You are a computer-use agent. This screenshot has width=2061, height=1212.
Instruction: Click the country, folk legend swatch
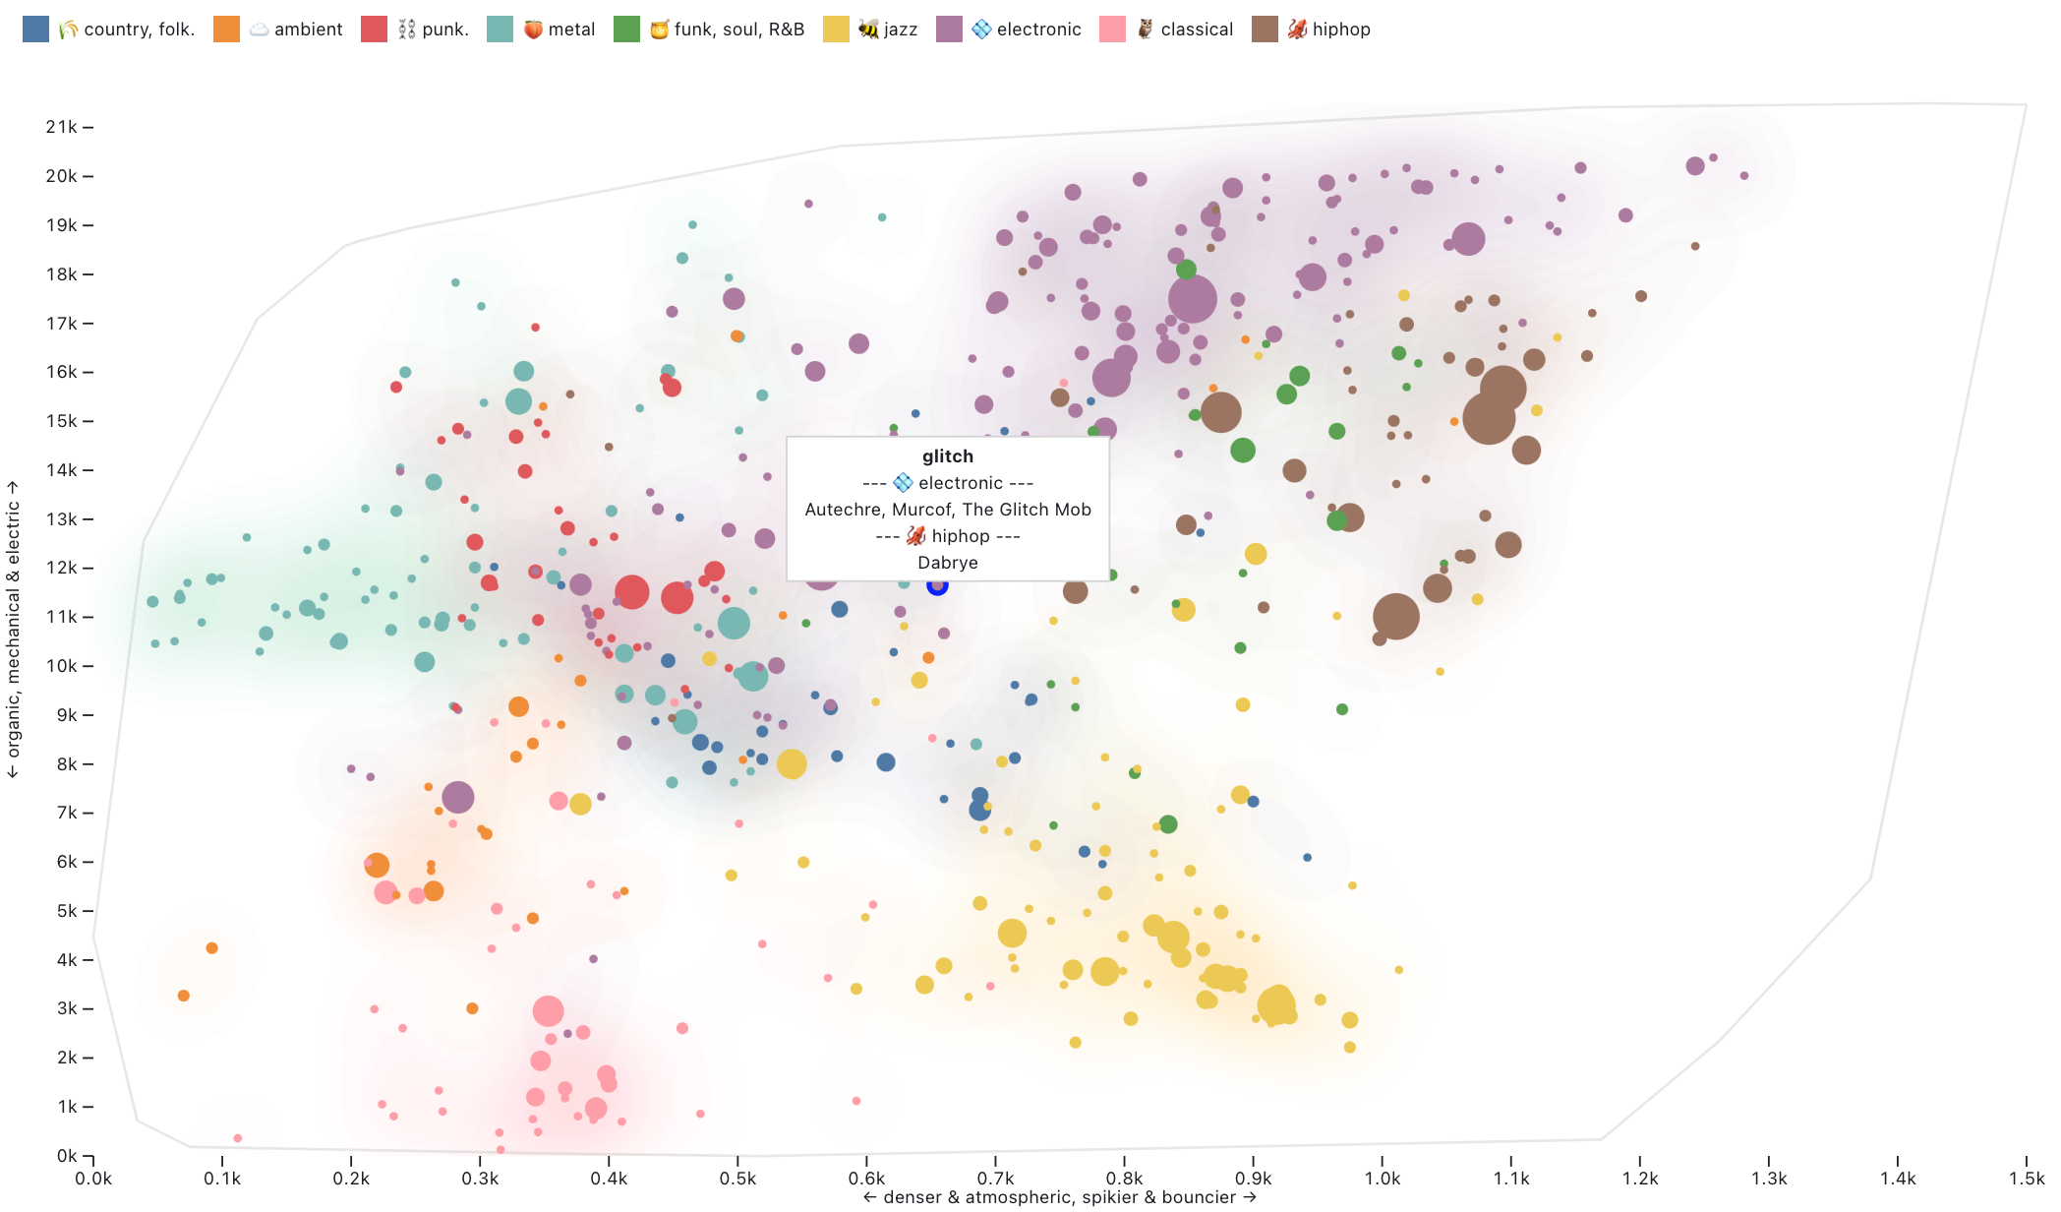(35, 29)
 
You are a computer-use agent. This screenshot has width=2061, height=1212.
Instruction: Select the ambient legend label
(308, 30)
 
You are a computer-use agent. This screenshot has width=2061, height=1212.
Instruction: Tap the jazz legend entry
(900, 30)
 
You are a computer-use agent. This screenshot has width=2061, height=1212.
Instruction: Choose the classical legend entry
(1196, 30)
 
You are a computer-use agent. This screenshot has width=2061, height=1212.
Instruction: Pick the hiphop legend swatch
(1265, 29)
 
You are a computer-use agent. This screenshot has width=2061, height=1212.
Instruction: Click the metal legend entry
(570, 30)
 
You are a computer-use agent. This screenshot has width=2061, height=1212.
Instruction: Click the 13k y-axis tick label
(62, 519)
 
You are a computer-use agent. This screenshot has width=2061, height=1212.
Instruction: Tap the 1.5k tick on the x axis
(2026, 1179)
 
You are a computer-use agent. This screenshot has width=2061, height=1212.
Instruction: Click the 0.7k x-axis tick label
(995, 1179)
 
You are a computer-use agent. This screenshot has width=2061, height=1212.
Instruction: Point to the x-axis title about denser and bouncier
(1059, 1197)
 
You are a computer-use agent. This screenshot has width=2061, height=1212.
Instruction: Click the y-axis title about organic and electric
(13, 630)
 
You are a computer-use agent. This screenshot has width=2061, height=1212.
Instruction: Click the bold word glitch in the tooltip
(948, 456)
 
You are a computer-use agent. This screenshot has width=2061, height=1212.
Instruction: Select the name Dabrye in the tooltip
(948, 563)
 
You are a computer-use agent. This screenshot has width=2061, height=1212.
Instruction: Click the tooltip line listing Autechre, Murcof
(948, 510)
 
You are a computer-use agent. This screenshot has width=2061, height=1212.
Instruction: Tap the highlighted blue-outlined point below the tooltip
(937, 585)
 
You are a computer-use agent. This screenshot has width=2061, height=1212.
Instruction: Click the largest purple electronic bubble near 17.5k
(1192, 299)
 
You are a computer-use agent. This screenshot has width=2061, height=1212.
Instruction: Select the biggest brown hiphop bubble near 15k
(1488, 417)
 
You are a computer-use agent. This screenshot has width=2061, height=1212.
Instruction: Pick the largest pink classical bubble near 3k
(548, 1010)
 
